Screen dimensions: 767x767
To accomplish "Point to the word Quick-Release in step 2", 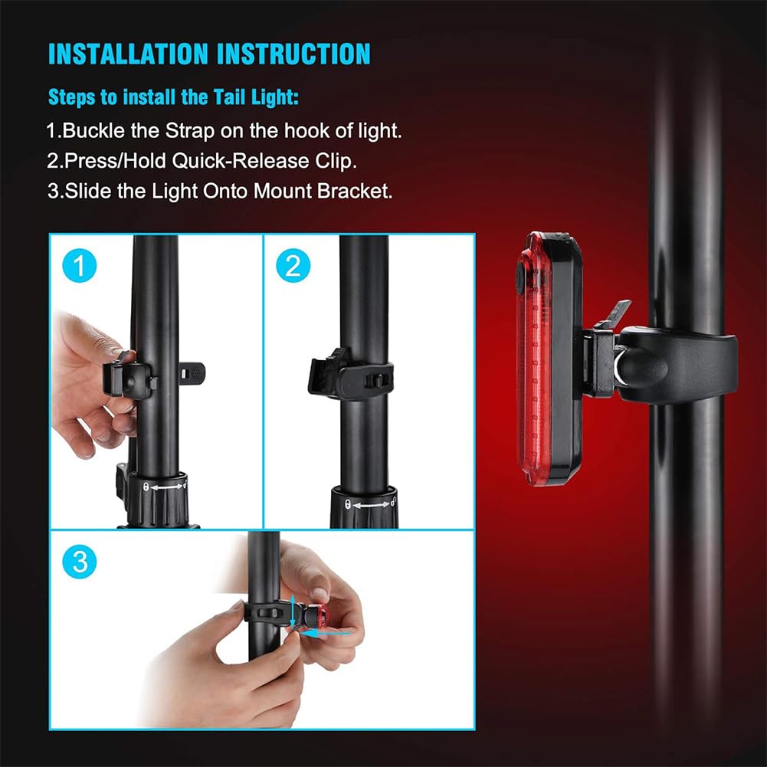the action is (241, 161).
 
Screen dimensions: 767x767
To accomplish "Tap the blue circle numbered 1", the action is (79, 266).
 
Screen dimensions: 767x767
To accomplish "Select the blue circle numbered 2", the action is (293, 266).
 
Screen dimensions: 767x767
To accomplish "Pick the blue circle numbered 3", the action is (79, 562).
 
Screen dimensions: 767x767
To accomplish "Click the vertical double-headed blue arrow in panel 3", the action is (293, 611).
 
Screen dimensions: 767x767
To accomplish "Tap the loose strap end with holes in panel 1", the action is (192, 373).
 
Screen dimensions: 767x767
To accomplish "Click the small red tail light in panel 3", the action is (321, 617).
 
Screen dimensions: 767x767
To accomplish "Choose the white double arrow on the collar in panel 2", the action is (372, 504).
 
